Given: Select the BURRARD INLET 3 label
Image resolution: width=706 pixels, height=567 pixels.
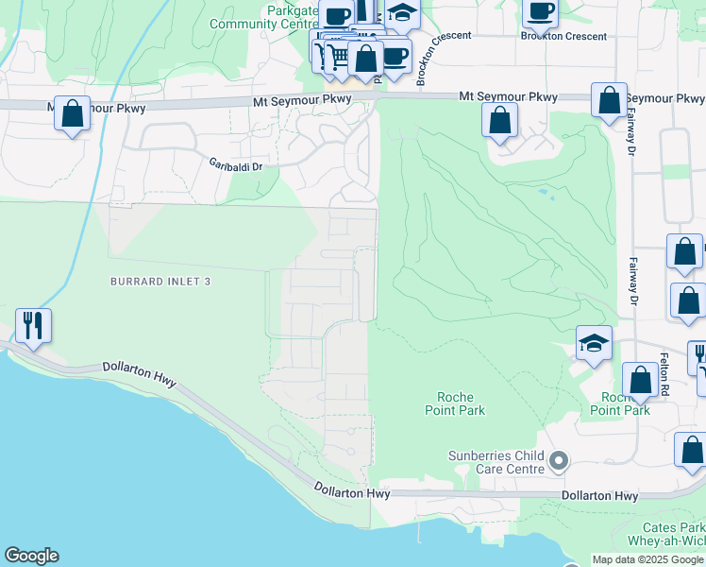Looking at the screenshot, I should (160, 282).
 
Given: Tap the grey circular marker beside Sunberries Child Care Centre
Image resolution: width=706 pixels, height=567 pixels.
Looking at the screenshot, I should (559, 461).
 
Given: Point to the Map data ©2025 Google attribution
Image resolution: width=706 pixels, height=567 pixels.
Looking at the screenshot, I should (647, 559).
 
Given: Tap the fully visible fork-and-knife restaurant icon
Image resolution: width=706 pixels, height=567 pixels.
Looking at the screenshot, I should (33, 325).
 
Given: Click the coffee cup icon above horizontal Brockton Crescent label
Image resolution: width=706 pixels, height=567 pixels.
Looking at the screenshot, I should (540, 11).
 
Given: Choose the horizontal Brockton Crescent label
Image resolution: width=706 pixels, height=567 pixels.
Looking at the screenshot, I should (563, 36).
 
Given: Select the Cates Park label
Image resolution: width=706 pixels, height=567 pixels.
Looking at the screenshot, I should (679, 526).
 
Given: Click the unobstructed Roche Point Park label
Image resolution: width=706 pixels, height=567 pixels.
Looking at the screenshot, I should (455, 404).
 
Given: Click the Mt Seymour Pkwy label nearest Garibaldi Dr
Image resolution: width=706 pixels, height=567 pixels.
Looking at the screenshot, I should (302, 99).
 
